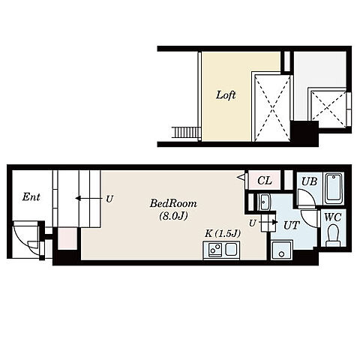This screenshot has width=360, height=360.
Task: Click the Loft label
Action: tap(226, 95)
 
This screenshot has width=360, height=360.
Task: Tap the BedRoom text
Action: tap(173, 203)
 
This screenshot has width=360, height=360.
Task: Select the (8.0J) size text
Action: tap(173, 216)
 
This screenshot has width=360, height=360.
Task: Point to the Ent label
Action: tap(31, 197)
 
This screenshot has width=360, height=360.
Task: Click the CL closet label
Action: tap(265, 180)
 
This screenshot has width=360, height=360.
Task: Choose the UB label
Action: tap(309, 181)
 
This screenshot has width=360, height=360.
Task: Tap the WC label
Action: tap(333, 217)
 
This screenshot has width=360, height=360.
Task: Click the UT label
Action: tap(291, 226)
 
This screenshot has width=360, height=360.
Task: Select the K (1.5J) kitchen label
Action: tap(223, 234)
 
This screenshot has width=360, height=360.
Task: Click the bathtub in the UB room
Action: tap(334, 189)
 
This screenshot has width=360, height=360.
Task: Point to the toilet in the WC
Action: tap(333, 235)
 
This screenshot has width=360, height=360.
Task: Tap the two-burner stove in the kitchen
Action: tap(215, 250)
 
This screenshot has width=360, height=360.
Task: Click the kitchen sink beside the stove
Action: tap(231, 250)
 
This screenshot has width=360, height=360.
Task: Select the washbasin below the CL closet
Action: tap(264, 202)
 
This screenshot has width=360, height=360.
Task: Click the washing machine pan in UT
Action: tap(282, 250)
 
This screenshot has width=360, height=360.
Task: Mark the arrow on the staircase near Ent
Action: tap(89, 199)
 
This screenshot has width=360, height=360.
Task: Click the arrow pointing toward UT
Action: tap(268, 222)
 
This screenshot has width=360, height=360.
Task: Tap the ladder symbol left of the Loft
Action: tap(187, 132)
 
